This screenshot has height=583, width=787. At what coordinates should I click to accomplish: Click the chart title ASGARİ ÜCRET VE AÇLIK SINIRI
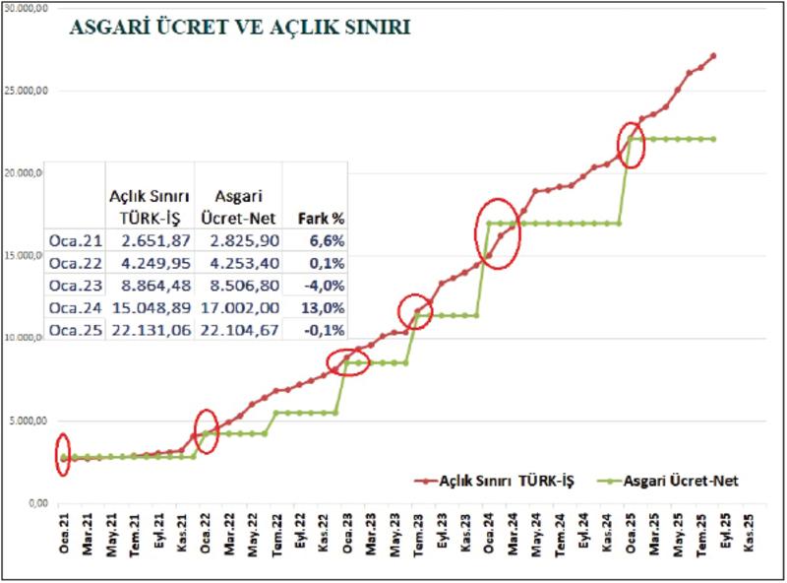[239, 28]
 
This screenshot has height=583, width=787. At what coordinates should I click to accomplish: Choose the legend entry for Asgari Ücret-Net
[671, 480]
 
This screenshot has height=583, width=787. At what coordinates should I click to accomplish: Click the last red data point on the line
[713, 56]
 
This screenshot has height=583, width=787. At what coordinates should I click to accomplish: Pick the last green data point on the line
[713, 139]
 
